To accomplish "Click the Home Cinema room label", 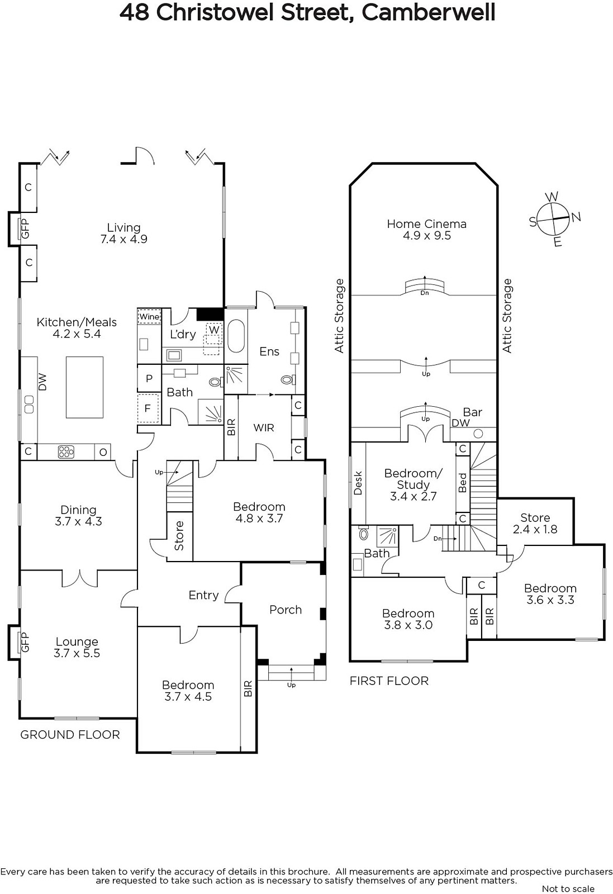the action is tap(426, 230).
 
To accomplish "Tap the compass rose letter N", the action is tap(576, 217).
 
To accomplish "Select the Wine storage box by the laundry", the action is tap(149, 316).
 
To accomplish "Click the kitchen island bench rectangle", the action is tap(84, 387).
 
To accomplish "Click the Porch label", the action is tap(286, 610).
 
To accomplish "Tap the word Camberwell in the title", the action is tap(428, 12).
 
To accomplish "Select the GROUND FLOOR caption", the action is tap(70, 735).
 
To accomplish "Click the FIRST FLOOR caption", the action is tap(389, 681).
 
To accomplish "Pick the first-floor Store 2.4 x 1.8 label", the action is tap(535, 523).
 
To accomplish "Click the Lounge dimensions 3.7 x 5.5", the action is tap(77, 653).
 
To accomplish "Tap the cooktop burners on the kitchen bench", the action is tap(66, 452).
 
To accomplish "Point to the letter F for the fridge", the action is tap(148, 408).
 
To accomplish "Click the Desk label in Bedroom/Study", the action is tap(358, 483).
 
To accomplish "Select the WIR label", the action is tap(263, 427).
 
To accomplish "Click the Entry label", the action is tap(203, 595).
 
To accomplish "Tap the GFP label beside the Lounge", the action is tap(25, 642).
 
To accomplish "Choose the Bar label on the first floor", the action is tap(473, 412).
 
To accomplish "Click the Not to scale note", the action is tap(568, 888).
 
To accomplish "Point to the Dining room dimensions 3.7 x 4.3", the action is tap(78, 521).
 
